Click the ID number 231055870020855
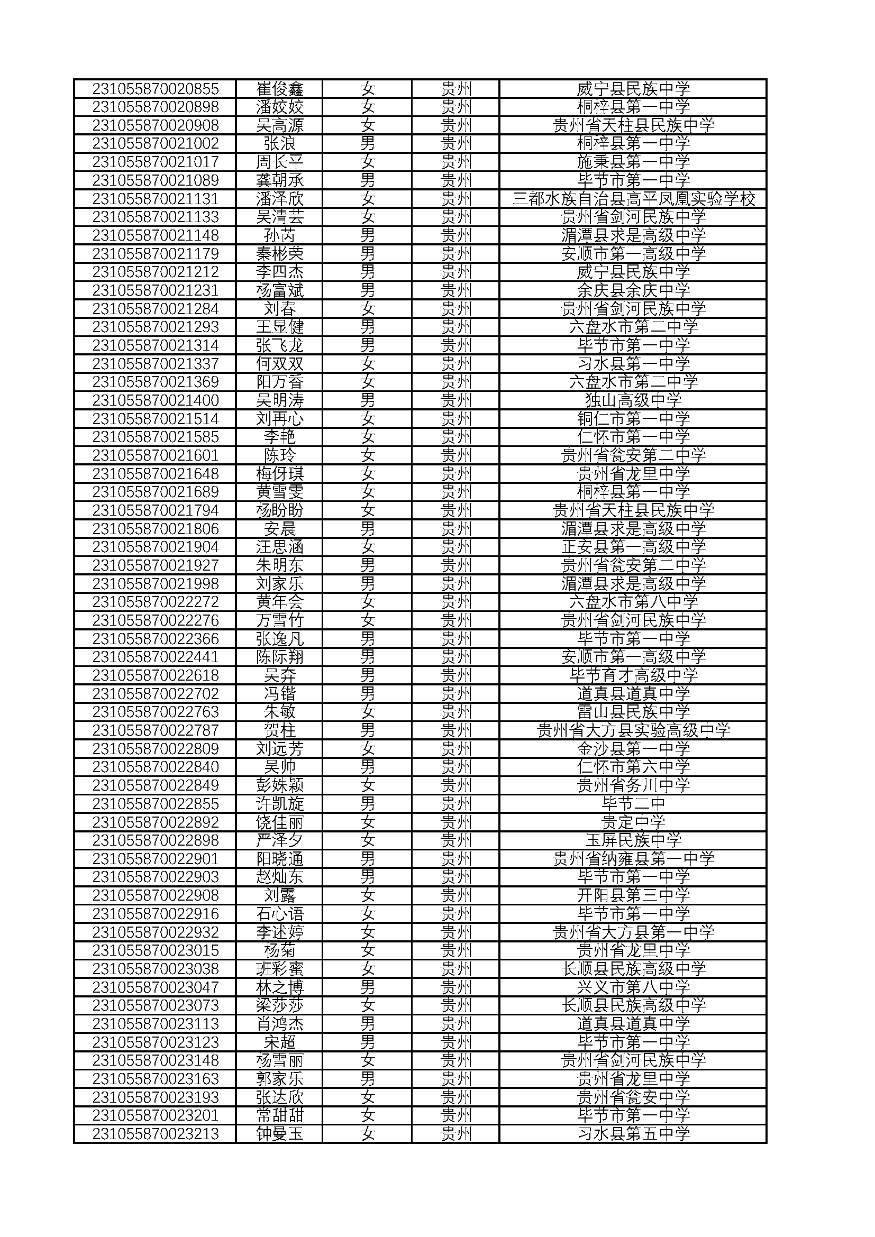(x=155, y=88)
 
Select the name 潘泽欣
(x=280, y=199)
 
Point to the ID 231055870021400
(x=155, y=400)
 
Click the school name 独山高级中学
(x=633, y=400)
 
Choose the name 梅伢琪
(x=280, y=473)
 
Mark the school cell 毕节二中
(x=633, y=804)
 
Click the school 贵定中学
(x=633, y=822)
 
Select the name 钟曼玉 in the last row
(x=280, y=1133)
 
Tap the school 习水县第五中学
(x=633, y=1133)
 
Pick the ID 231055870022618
(x=155, y=675)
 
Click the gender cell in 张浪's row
(x=368, y=143)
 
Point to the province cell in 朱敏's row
(x=456, y=712)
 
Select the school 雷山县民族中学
(x=633, y=712)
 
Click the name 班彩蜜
(x=280, y=969)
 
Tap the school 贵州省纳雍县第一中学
(x=633, y=859)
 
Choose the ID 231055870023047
(x=155, y=987)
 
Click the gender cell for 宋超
(x=368, y=1042)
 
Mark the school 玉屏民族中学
(x=633, y=840)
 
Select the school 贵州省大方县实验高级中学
(x=633, y=730)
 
